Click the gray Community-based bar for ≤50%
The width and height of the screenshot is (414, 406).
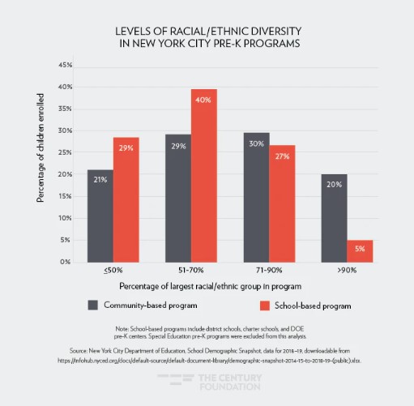[100, 216]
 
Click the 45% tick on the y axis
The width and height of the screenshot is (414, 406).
[66, 65]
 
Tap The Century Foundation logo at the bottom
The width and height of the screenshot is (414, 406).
[207, 382]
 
